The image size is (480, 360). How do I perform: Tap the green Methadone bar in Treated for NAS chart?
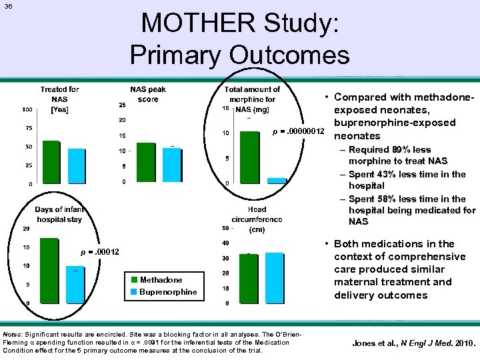[x=51, y=161]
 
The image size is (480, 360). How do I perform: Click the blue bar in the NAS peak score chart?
[x=172, y=164]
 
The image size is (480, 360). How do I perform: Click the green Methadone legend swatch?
[x=134, y=280]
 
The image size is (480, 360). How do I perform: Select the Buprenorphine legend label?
[x=168, y=292]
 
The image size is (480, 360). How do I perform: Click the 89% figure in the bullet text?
[x=404, y=150]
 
